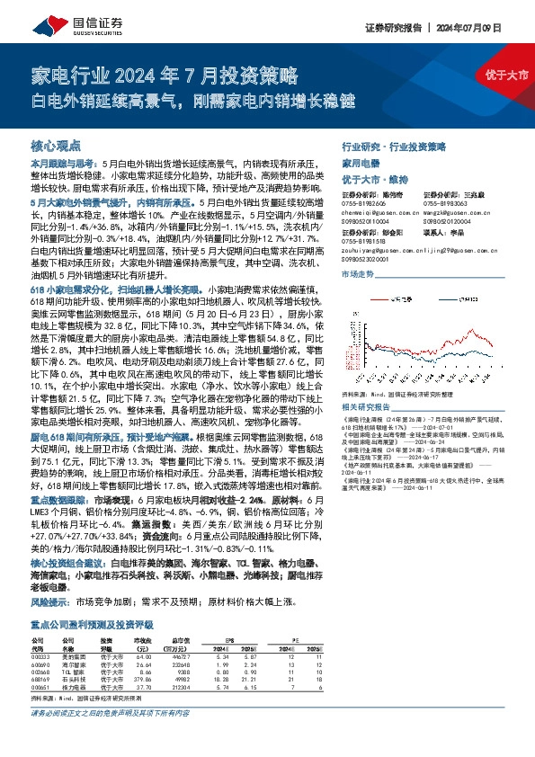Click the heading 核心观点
(x=56, y=145)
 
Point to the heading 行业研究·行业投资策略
(x=394, y=145)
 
